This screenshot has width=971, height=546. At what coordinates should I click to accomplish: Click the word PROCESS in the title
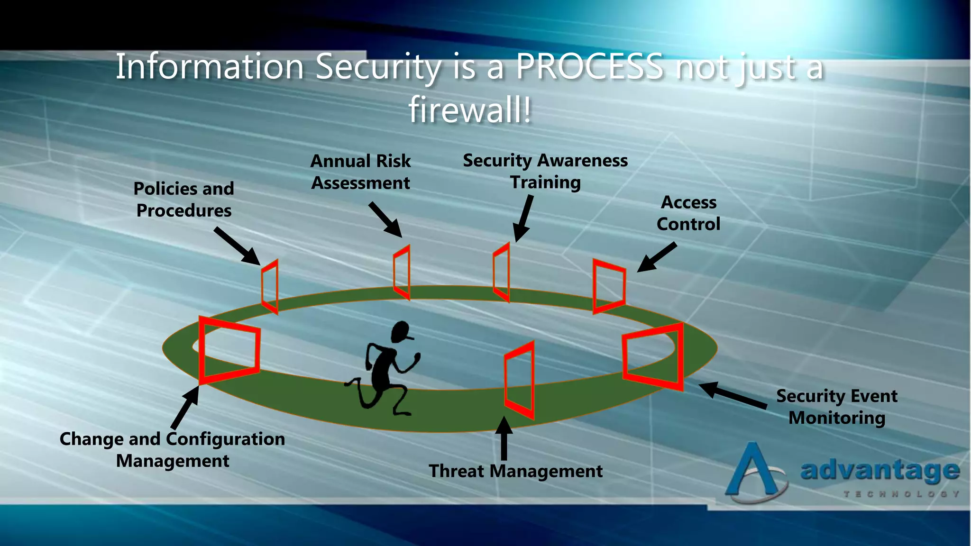[x=589, y=66]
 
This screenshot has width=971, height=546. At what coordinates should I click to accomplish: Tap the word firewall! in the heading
[x=470, y=109]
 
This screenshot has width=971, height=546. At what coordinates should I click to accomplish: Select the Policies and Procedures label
[x=184, y=200]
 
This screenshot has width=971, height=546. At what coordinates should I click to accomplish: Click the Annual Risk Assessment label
[x=360, y=172]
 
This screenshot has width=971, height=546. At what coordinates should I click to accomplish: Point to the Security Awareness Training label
[x=545, y=172]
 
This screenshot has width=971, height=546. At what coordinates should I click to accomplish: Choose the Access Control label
[x=688, y=213]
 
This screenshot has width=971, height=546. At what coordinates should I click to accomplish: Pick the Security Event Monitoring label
[x=837, y=407]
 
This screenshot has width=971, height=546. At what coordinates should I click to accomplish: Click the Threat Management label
[x=515, y=471]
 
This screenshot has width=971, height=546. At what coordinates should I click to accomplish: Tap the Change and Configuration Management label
[x=172, y=450]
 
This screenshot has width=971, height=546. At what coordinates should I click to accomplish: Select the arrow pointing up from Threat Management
[x=504, y=438]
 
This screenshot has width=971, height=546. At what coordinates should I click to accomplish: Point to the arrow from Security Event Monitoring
[x=733, y=395]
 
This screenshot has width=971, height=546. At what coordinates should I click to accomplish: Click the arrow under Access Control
[x=657, y=257]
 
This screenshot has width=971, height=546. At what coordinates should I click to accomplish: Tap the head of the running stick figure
[x=401, y=331]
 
